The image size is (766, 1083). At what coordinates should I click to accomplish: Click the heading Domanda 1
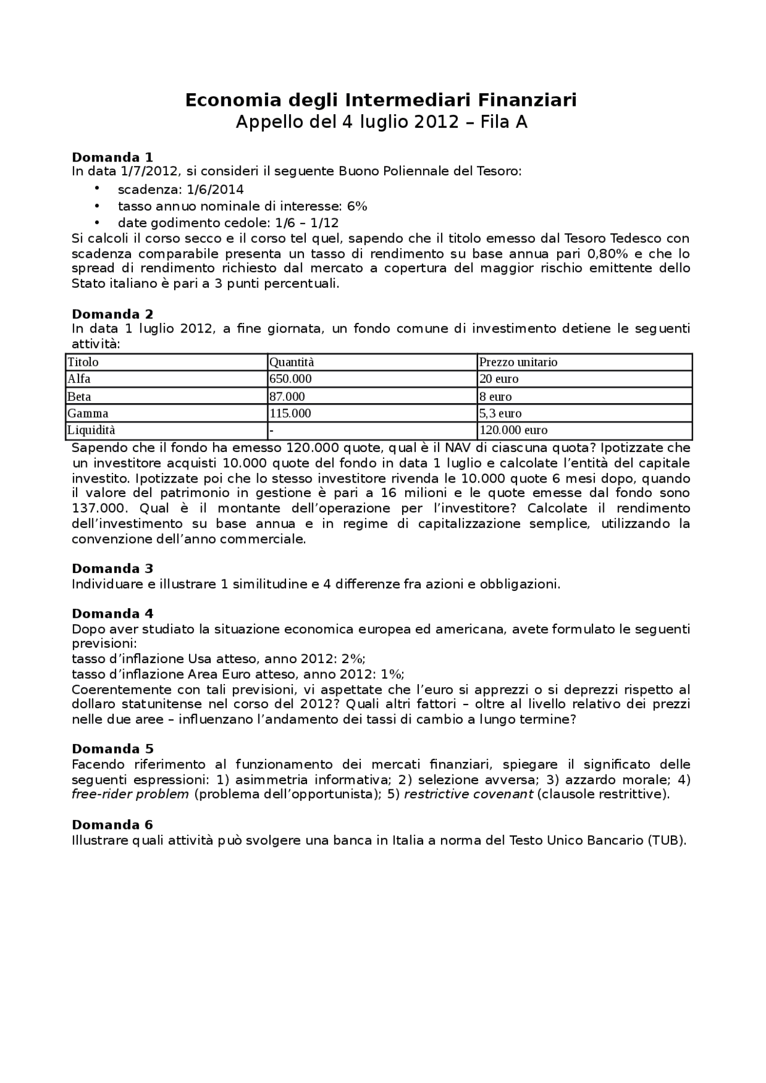(x=113, y=157)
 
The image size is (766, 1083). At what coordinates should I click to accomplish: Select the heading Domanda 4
(x=113, y=614)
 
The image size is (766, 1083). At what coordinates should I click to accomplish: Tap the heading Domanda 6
(x=113, y=825)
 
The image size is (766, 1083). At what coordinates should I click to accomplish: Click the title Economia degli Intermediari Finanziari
(x=381, y=100)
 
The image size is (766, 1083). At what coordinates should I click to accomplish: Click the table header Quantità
(x=291, y=362)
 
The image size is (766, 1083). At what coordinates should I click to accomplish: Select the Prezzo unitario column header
(x=518, y=362)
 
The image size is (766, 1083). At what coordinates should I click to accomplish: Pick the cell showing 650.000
(x=291, y=379)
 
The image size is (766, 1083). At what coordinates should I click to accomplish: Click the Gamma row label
(x=88, y=413)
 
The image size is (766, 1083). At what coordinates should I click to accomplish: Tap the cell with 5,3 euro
(x=500, y=413)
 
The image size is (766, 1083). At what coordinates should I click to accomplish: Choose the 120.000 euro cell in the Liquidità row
(x=513, y=430)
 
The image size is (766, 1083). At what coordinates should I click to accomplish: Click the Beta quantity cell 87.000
(x=287, y=396)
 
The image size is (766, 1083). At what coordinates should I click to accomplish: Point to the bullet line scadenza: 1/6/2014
(x=181, y=190)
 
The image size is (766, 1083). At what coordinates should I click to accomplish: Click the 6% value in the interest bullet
(x=357, y=206)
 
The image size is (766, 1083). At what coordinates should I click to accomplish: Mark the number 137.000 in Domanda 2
(x=99, y=508)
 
